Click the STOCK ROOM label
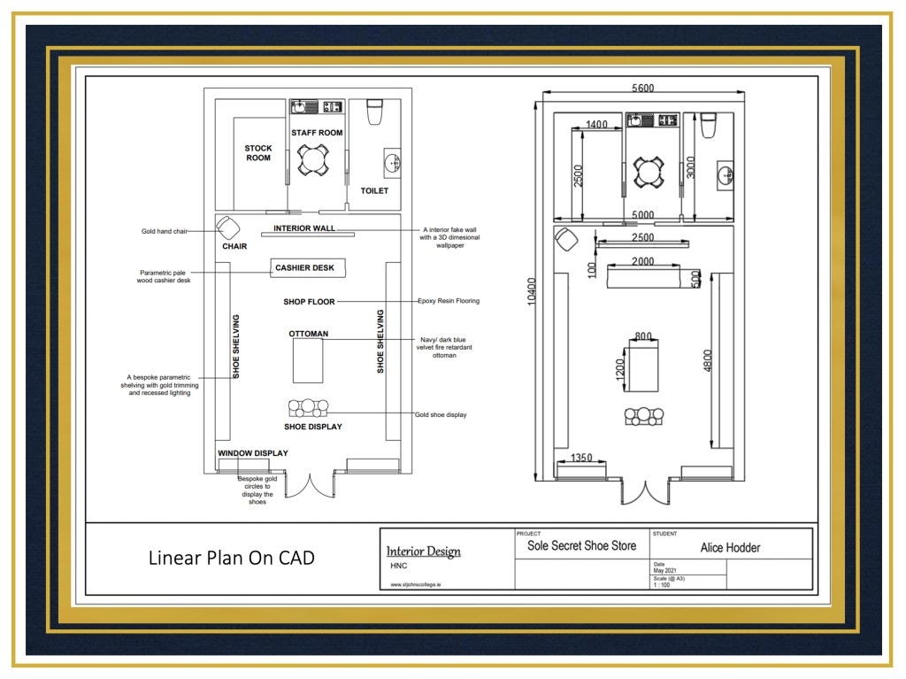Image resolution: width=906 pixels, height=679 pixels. (x=257, y=152)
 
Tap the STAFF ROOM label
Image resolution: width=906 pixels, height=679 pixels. (x=317, y=133)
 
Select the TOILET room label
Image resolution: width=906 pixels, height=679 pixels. (x=374, y=190)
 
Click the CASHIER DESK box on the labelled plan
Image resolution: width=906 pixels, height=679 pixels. (x=308, y=267)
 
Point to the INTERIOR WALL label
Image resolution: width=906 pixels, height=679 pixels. (x=304, y=228)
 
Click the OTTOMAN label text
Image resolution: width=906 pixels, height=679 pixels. (x=309, y=334)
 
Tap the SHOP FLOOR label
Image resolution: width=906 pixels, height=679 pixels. (x=309, y=301)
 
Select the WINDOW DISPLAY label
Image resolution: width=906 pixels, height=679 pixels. (x=252, y=453)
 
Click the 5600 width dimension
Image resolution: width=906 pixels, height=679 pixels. (x=642, y=88)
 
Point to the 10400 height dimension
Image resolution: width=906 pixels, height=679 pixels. (x=532, y=291)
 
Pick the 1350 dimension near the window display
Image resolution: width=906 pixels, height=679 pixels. (x=581, y=458)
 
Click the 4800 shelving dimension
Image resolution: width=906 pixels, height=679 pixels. (x=708, y=360)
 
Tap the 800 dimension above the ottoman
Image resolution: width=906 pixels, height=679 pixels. (x=643, y=336)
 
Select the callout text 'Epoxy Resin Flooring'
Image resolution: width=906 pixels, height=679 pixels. (x=449, y=301)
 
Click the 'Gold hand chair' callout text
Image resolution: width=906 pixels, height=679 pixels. (x=165, y=231)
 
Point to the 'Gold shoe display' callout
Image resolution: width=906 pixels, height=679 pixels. (x=441, y=414)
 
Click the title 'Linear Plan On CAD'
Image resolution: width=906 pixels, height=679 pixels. (x=232, y=558)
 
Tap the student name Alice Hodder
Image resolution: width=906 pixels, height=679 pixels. (x=730, y=548)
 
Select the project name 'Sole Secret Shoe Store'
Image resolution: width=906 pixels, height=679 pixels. (x=582, y=545)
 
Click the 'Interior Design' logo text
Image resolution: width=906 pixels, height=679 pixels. (x=424, y=552)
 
